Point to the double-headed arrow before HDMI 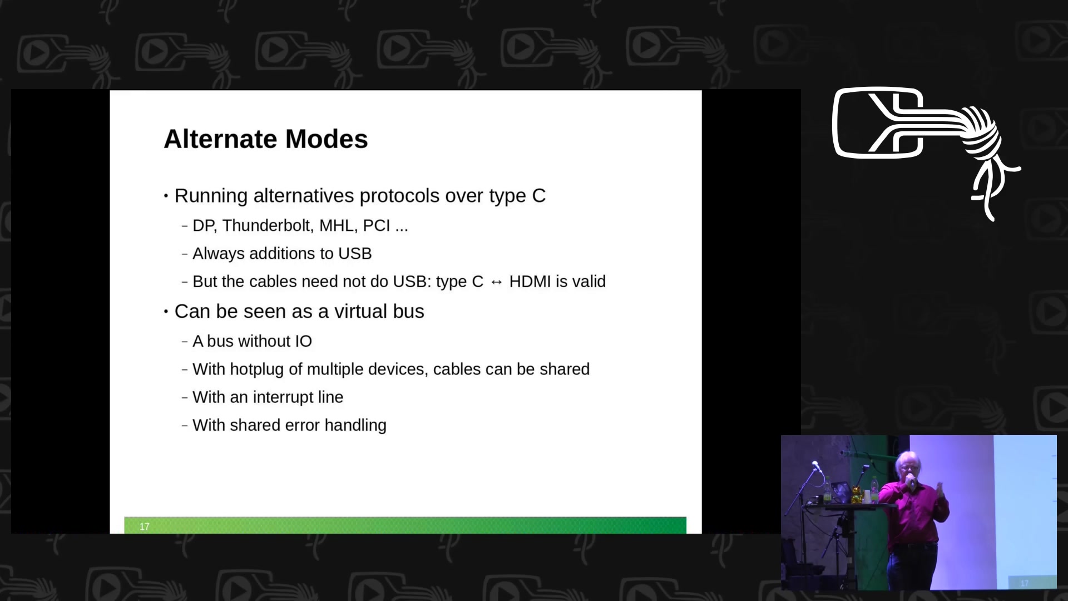click(x=496, y=283)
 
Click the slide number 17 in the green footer click(x=145, y=526)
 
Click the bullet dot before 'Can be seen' click(x=166, y=312)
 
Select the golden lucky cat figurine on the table click(x=857, y=494)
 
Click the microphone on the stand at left click(x=816, y=466)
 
